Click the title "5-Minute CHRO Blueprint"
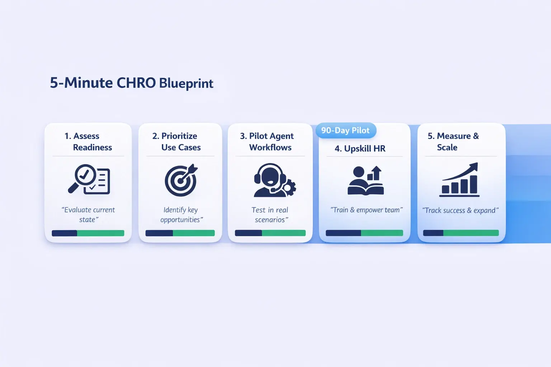pos(131,83)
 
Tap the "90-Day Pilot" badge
pos(345,130)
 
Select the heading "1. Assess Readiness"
pos(88,142)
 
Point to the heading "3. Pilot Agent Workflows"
pos(267,142)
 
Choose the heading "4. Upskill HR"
pos(360,148)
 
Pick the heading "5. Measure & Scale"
pos(453,142)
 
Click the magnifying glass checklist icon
pos(89,179)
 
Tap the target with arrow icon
pos(181,180)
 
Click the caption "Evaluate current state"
pos(88,215)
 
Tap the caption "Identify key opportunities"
pos(181,215)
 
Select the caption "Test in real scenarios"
pos(270,215)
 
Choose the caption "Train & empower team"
pos(366,210)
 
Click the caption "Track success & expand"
pos(460,210)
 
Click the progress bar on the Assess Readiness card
pos(88,233)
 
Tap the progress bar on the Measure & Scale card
pos(461,233)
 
